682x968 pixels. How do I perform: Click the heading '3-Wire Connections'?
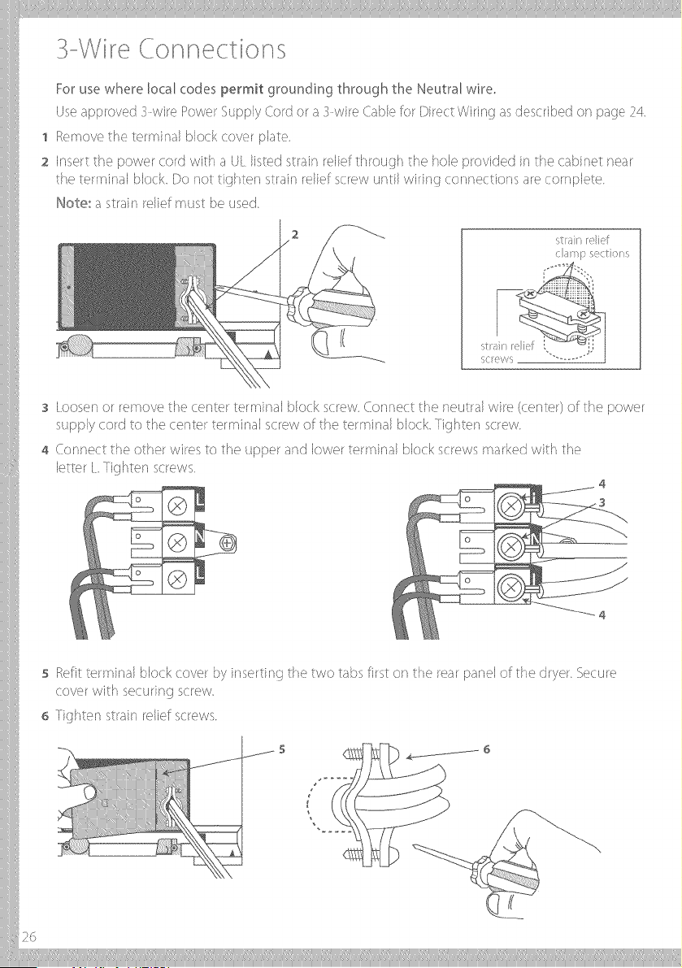tap(171, 50)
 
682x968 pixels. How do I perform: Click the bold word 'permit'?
tap(242, 90)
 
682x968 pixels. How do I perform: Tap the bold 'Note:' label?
tap(73, 202)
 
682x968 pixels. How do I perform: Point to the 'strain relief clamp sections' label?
tap(591, 246)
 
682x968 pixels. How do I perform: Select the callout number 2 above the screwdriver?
tap(295, 234)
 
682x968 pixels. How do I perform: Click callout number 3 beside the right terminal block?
tap(602, 502)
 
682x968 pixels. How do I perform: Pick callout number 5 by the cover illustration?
tap(282, 749)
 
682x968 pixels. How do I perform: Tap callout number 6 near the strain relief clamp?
tap(486, 749)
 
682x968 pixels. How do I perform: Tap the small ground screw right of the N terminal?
tap(228, 544)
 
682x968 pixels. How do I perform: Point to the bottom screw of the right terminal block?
tap(511, 584)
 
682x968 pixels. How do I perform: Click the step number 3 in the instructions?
tap(45, 409)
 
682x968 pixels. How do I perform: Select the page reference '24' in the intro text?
tap(637, 112)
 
